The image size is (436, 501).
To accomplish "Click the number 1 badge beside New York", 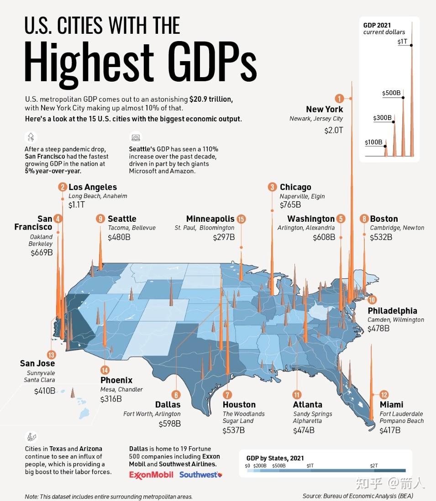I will pos(339,98).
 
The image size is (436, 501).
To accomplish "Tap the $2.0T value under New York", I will pos(331,130).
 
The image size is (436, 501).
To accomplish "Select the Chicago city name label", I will pos(295,187).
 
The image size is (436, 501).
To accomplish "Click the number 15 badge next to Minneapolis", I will pos(242,219).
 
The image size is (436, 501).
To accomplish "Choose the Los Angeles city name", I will pos(93,187).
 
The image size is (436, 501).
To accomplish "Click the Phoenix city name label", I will pos(116,380).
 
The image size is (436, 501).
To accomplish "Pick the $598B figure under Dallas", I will pos(169,424).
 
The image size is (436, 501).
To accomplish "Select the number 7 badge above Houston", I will pos(227,395).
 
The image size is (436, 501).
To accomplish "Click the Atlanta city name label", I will pos(307,405).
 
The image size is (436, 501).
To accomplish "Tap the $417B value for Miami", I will pos(390,430).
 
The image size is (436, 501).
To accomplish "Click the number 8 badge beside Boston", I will pos(364,219).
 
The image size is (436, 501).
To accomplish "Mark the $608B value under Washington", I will pos(324,238).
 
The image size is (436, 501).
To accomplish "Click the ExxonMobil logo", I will pos(151,475).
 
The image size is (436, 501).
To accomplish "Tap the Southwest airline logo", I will pos(201,475).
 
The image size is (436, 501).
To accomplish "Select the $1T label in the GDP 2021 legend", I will pos(402,42).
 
